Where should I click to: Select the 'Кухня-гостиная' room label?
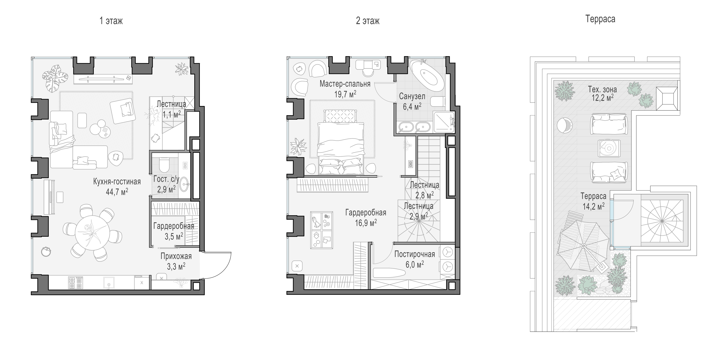click(117, 182)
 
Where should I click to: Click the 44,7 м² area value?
click(117, 192)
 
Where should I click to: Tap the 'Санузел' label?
click(412, 96)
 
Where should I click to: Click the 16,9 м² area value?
click(366, 223)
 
